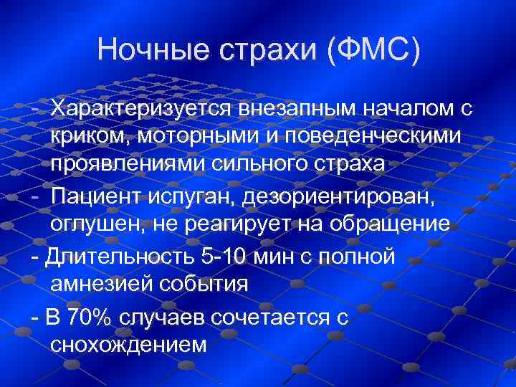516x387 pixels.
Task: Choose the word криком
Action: [x=89, y=137]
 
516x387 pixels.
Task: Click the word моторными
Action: [x=194, y=137]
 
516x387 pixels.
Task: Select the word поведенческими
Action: [x=373, y=137]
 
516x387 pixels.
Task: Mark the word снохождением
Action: [x=129, y=345]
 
